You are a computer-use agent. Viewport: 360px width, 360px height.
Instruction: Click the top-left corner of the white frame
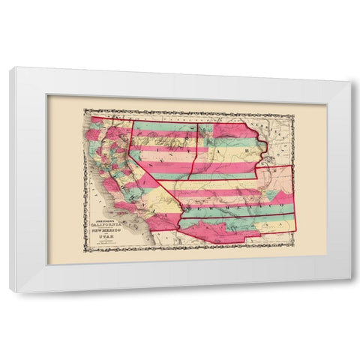pos(10,67)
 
